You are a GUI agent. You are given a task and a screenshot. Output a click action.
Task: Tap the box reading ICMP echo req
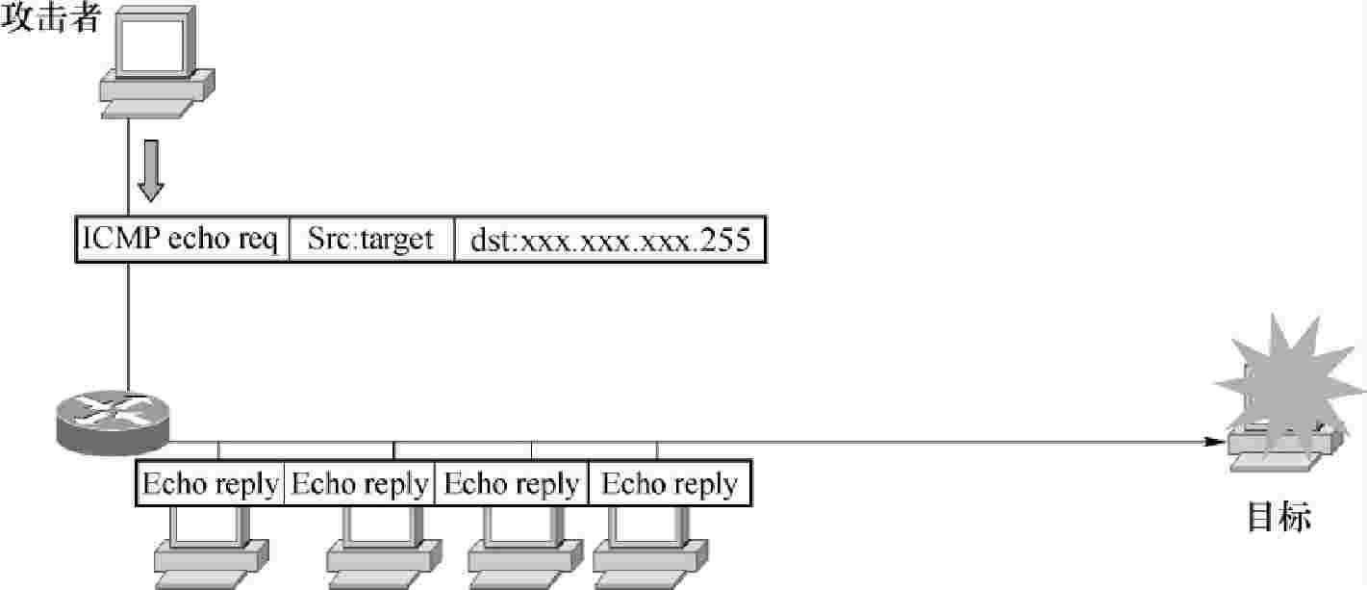[182, 240]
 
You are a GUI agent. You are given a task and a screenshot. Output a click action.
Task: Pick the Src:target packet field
[371, 240]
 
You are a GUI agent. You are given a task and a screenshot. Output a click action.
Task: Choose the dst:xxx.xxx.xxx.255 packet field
[610, 240]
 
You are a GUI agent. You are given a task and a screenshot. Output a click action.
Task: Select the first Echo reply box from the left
[212, 483]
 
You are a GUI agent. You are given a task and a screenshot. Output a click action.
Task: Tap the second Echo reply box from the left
[360, 483]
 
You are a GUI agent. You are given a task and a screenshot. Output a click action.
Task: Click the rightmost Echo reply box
[670, 483]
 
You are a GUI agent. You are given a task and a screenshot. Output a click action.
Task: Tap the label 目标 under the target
[1278, 517]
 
